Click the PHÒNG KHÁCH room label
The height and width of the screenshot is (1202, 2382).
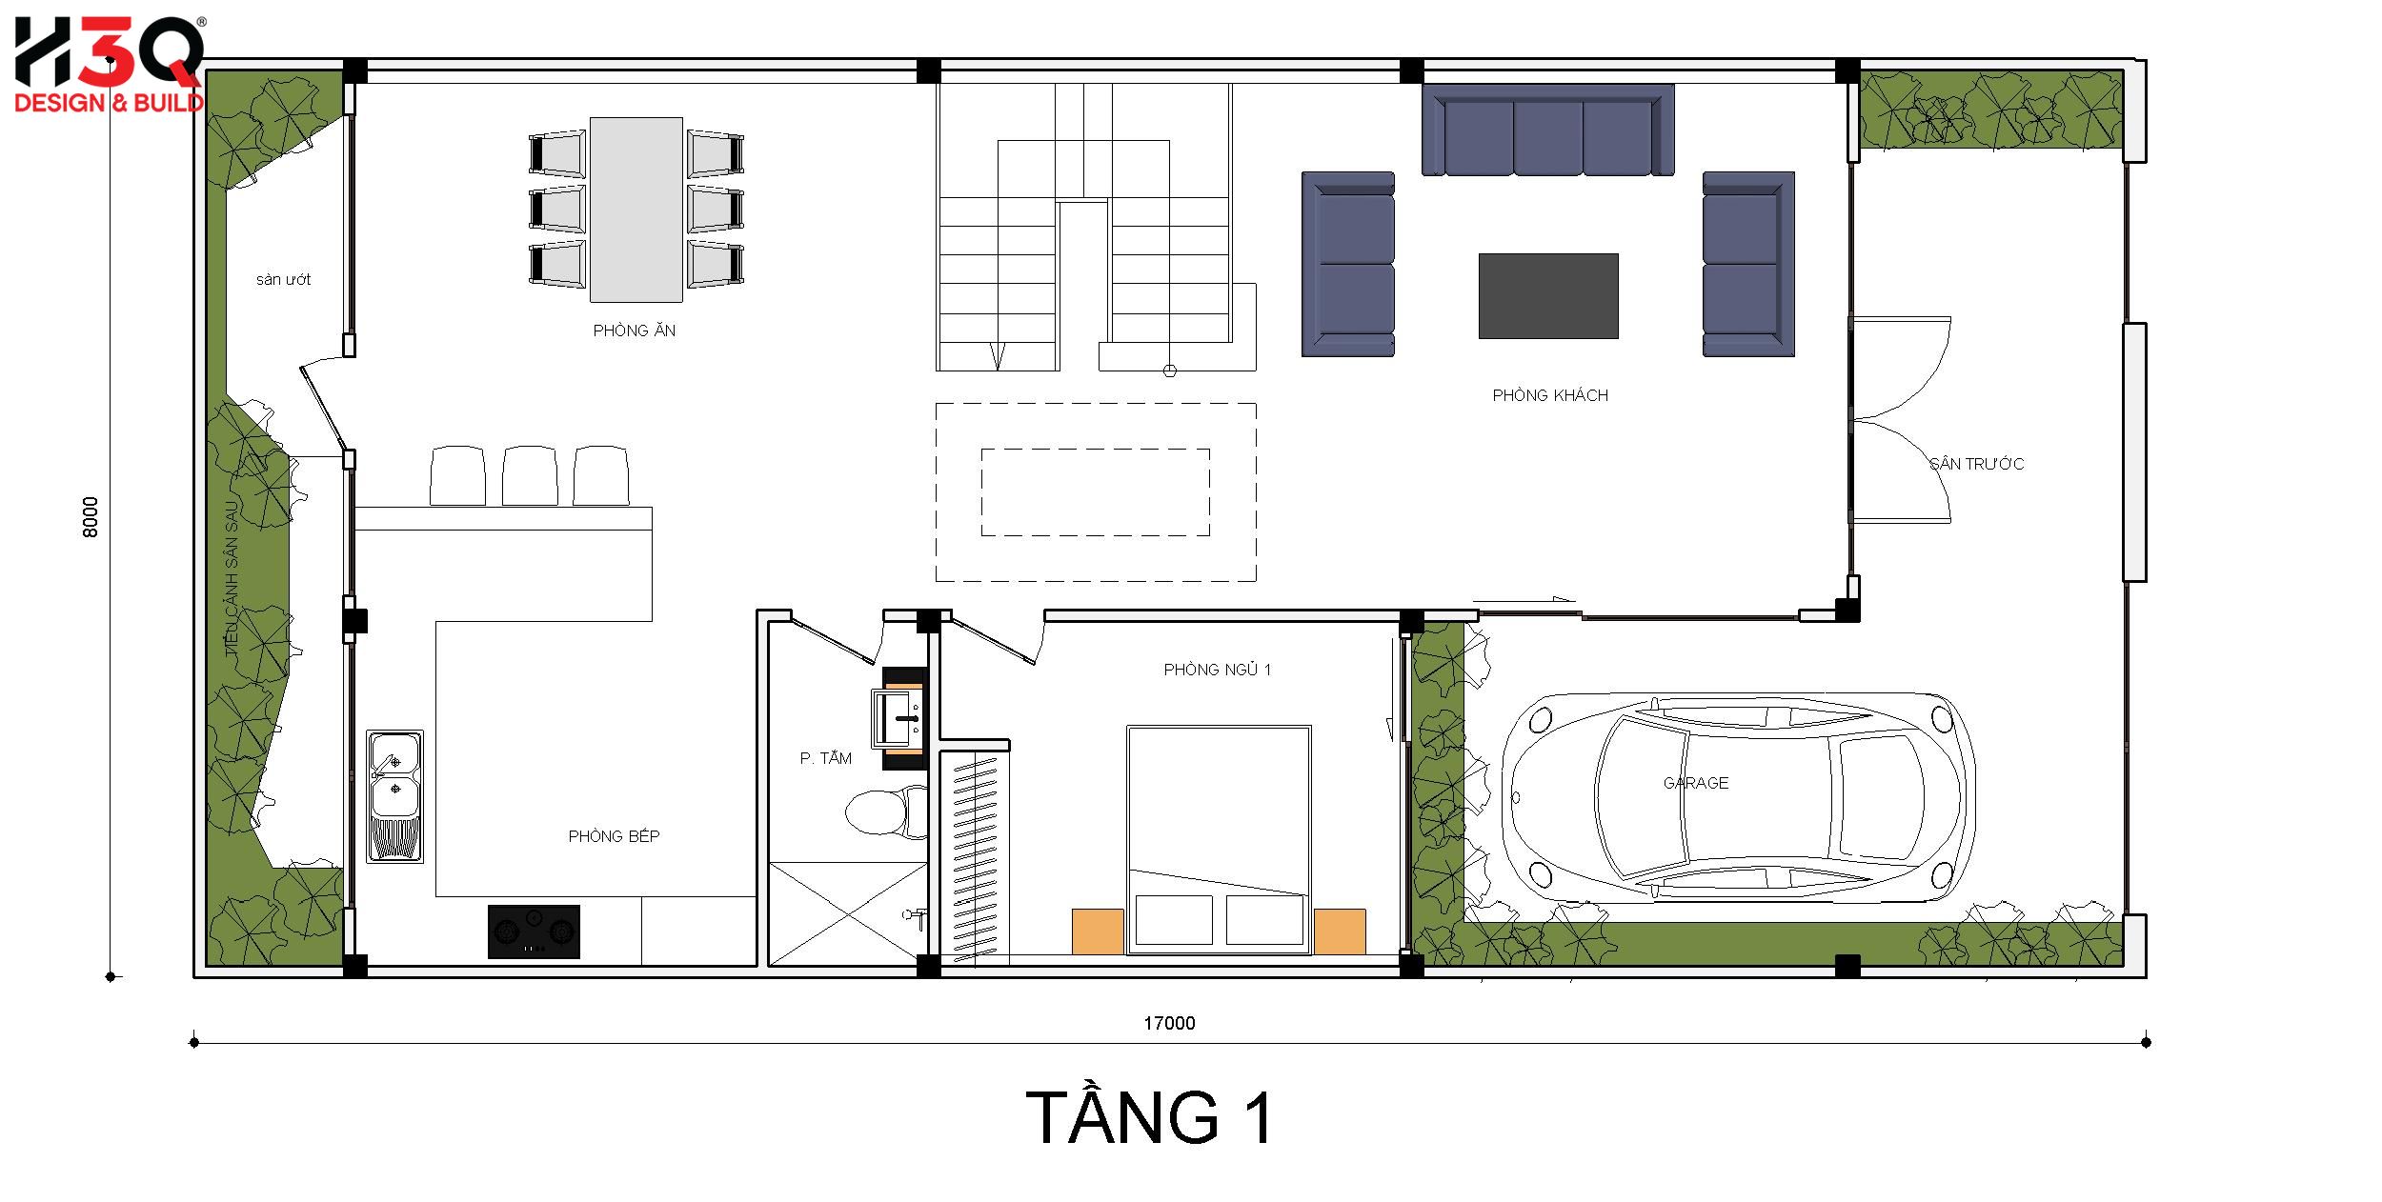1550,395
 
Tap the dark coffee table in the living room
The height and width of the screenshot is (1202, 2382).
1548,295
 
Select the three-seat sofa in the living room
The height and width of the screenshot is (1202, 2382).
1548,130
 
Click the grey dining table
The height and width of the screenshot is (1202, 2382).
636,209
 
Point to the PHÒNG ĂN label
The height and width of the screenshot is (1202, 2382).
635,331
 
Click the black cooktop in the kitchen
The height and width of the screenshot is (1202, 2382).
534,931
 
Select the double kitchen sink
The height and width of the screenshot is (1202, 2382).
395,796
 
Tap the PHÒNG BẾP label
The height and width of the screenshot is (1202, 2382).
614,836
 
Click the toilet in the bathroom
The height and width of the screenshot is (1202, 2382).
886,812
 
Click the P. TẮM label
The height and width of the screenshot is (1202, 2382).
825,758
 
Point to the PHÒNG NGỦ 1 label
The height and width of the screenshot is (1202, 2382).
1217,670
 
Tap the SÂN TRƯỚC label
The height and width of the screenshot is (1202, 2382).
1976,464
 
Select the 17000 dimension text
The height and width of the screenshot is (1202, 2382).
1169,1023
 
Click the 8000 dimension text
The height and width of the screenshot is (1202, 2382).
91,517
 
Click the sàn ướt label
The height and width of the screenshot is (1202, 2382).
283,280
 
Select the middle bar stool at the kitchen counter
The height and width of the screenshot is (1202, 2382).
530,475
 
